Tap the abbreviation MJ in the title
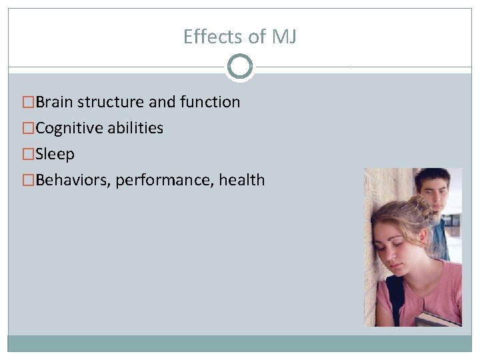click(285, 37)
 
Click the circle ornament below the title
click(240, 67)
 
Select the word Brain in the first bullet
click(55, 102)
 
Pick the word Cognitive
click(67, 128)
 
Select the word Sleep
click(55, 154)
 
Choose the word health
click(242, 180)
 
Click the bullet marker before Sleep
click(28, 154)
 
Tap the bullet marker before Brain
click(28, 102)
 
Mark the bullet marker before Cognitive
click(28, 128)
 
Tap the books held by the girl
click(437, 319)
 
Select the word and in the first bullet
click(162, 102)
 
